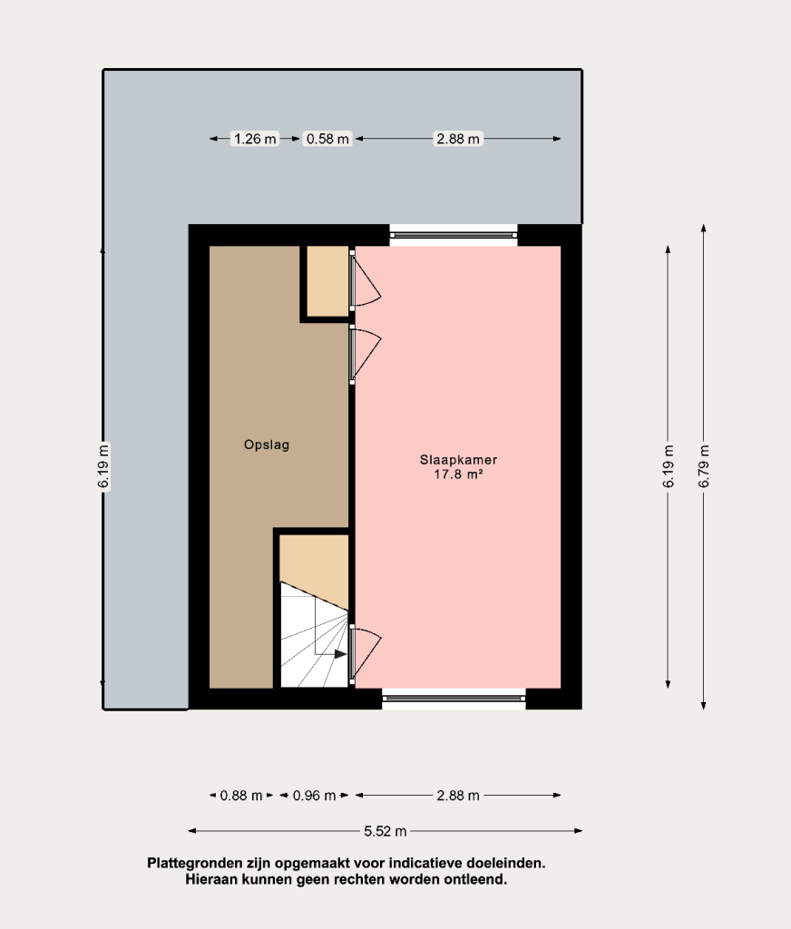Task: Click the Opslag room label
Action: [267, 445]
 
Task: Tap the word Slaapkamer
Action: [458, 459]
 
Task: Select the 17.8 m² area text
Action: [458, 474]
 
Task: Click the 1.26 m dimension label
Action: [255, 139]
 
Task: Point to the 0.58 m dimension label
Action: [327, 139]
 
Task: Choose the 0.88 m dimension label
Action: [241, 795]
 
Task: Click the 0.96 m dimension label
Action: [314, 795]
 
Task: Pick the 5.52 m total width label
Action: [386, 831]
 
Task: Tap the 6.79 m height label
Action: [704, 466]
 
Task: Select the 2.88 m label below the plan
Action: [458, 795]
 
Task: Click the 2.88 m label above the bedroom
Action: [458, 139]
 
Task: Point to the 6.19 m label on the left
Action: [103, 466]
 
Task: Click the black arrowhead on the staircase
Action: [341, 654]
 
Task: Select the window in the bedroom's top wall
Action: [454, 235]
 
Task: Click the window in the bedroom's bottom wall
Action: [454, 699]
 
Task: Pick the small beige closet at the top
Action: [327, 281]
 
